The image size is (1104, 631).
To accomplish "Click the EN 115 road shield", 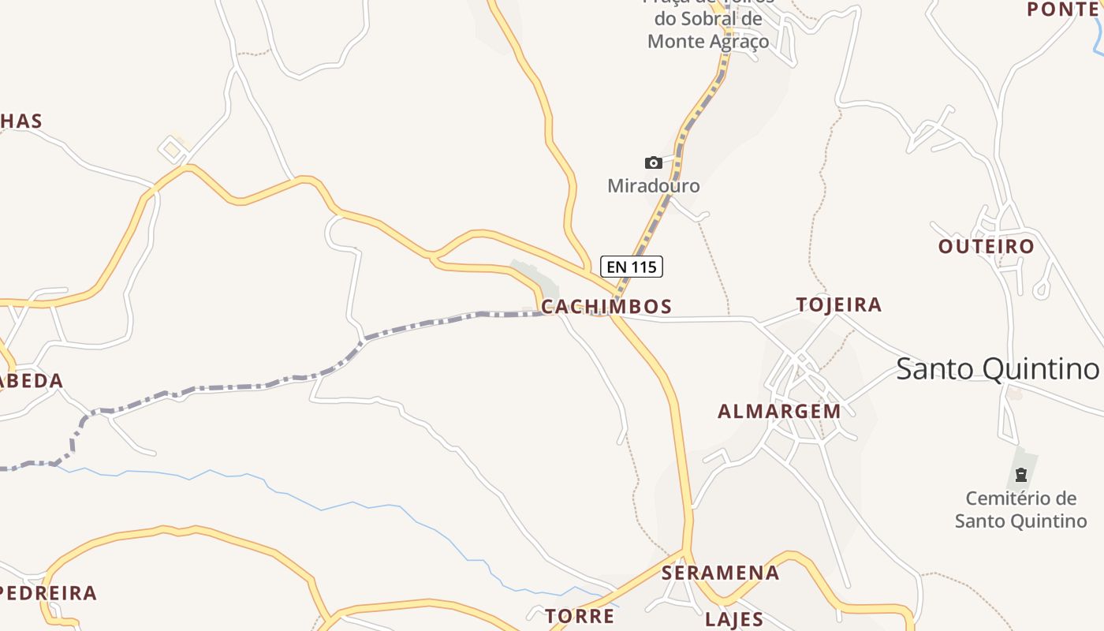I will (631, 267).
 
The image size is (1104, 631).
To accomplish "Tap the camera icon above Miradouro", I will (653, 163).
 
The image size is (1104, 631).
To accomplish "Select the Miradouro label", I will (653, 186).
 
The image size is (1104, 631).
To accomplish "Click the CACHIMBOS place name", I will (606, 306).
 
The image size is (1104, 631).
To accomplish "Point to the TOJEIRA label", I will (838, 304).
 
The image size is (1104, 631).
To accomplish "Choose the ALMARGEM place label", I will (779, 411).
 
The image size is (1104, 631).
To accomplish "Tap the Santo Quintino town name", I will (997, 368).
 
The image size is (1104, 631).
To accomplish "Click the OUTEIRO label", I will (986, 246).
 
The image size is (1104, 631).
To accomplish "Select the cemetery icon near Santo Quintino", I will (1020, 475).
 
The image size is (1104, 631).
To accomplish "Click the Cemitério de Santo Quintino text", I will (1020, 510).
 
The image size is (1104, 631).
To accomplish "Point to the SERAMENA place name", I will (720, 573).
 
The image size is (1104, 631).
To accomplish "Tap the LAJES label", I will (733, 619).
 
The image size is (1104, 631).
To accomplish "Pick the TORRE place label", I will (580, 615).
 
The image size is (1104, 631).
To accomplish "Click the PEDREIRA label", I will (49, 592).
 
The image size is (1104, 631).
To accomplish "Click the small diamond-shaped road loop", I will (172, 148).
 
